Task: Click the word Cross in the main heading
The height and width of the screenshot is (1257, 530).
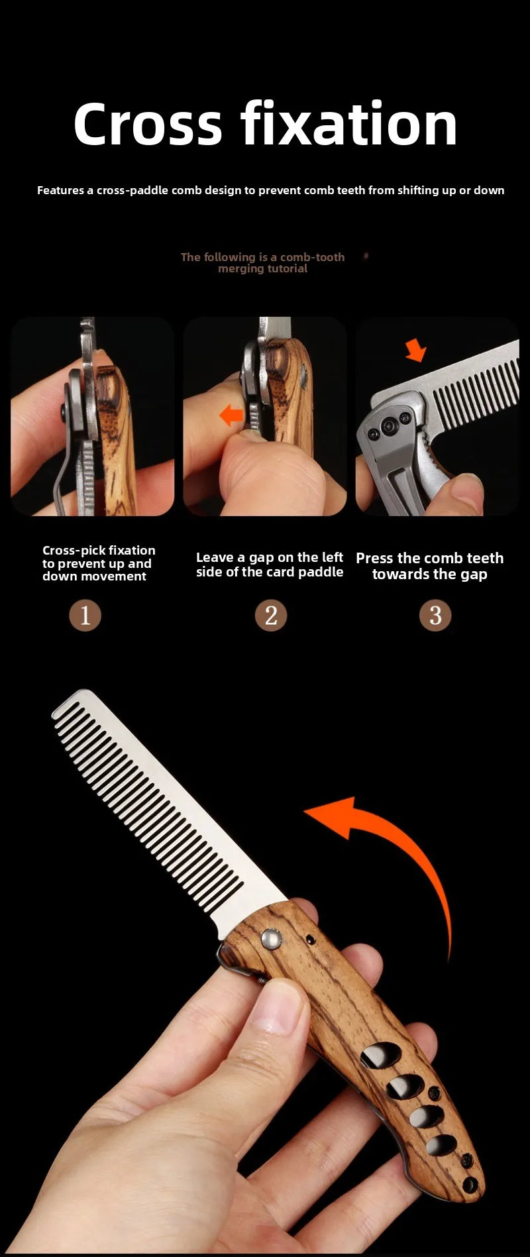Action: (148, 124)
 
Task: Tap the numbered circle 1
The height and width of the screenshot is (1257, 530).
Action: (85, 616)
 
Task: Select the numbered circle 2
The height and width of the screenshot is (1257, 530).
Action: (271, 616)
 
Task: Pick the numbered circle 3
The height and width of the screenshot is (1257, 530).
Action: (435, 616)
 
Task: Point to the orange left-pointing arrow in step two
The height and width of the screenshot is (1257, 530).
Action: (231, 415)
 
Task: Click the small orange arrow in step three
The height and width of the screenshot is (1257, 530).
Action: (416, 350)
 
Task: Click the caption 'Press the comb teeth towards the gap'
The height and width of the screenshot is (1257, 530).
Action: (430, 566)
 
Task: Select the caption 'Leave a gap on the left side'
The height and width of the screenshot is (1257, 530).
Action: (270, 565)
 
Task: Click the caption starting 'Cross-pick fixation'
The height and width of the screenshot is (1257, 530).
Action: (99, 563)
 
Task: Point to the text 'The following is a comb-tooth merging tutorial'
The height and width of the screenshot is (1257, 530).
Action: (263, 262)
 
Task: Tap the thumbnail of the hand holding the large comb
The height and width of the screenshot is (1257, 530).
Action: (265, 967)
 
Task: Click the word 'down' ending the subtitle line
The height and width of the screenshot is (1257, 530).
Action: (489, 190)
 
